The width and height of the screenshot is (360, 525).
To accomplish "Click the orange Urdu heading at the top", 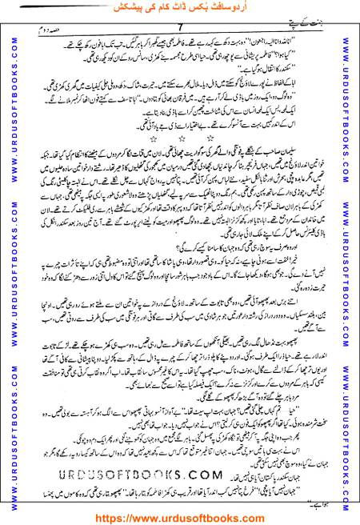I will click(179, 7).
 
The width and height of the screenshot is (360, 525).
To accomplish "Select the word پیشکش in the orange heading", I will click(103, 7).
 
